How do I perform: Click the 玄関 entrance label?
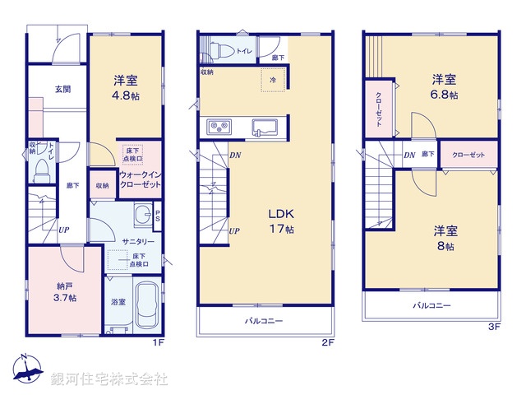[62, 89]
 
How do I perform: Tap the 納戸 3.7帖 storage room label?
[62, 291]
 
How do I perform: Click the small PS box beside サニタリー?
[158, 216]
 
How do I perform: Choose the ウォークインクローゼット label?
[140, 179]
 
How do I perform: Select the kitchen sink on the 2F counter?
[265, 128]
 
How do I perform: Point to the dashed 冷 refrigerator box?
[274, 80]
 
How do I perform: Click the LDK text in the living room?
[279, 215]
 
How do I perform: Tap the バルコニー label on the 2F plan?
[264, 321]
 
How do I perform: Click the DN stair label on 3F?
[408, 155]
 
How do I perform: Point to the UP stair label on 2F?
[234, 230]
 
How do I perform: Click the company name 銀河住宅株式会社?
[109, 379]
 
